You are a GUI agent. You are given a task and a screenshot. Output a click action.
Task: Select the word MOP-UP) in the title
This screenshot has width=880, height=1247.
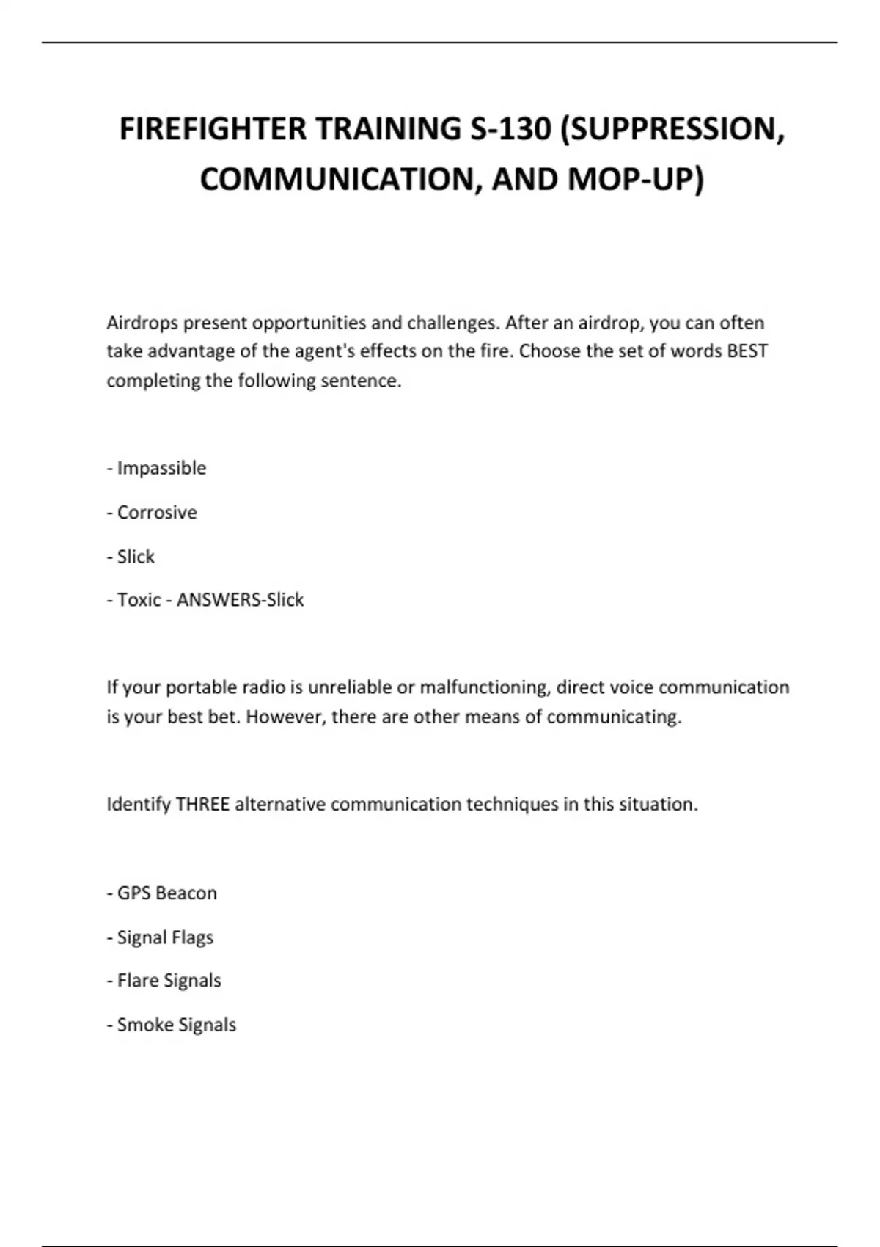point(636,179)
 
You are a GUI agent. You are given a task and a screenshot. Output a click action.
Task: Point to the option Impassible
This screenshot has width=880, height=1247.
point(161,468)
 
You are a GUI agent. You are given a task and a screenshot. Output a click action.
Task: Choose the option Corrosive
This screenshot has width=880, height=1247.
point(157,512)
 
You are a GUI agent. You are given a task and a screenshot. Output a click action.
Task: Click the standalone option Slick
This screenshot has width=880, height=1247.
point(136,557)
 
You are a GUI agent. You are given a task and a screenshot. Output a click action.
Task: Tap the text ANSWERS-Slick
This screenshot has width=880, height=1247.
point(240,600)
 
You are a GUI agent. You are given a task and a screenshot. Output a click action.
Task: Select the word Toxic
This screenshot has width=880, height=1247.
point(139,600)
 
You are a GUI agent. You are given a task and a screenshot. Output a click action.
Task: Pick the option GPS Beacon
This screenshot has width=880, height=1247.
point(166,893)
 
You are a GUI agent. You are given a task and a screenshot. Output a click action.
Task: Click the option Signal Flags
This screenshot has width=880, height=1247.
point(165,937)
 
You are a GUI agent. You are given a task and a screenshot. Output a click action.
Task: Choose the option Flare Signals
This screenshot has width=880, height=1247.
point(169,981)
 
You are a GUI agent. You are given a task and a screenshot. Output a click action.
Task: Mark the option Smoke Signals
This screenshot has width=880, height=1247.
point(176,1025)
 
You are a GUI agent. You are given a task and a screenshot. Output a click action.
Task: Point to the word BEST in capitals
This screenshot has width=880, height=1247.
point(747,351)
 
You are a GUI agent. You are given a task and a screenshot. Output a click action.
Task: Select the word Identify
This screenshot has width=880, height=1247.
point(139,805)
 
